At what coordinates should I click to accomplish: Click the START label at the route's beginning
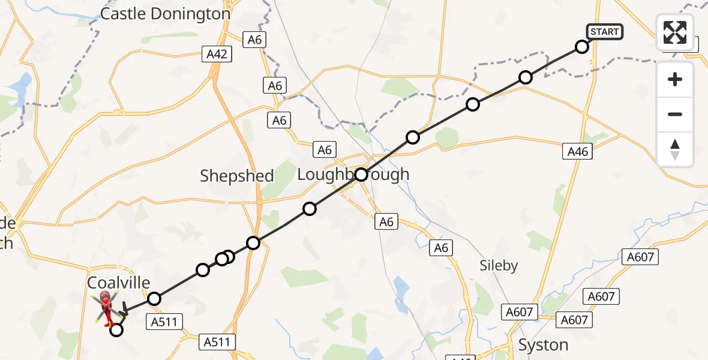[604, 32]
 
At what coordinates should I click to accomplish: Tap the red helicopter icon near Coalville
[106, 304]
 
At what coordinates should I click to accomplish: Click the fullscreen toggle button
[675, 32]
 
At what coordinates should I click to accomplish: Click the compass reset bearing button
[675, 149]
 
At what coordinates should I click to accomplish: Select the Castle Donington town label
[165, 14]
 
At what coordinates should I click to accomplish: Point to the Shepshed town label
[236, 176]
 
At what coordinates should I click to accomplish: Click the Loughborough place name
[353, 175]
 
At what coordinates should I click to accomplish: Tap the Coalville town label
[119, 283]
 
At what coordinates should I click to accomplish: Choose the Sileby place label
[498, 266]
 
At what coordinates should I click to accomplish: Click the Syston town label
[543, 345]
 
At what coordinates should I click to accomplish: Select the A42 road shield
[217, 55]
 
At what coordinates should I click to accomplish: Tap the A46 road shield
[578, 152]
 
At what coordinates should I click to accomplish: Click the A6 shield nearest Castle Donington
[255, 40]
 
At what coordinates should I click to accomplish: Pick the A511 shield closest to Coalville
[164, 322]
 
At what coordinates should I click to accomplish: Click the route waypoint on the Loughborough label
[361, 175]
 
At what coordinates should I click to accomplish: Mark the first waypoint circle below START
[581, 47]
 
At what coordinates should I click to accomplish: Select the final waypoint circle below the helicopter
[116, 329]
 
